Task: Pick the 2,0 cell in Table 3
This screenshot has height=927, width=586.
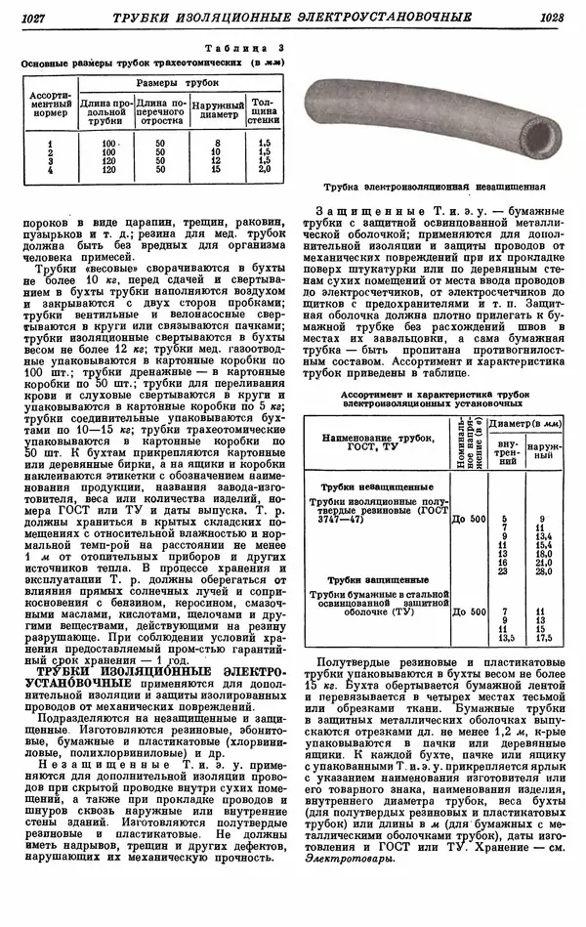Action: [264, 169]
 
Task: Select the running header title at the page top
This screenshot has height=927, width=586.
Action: [293, 19]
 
